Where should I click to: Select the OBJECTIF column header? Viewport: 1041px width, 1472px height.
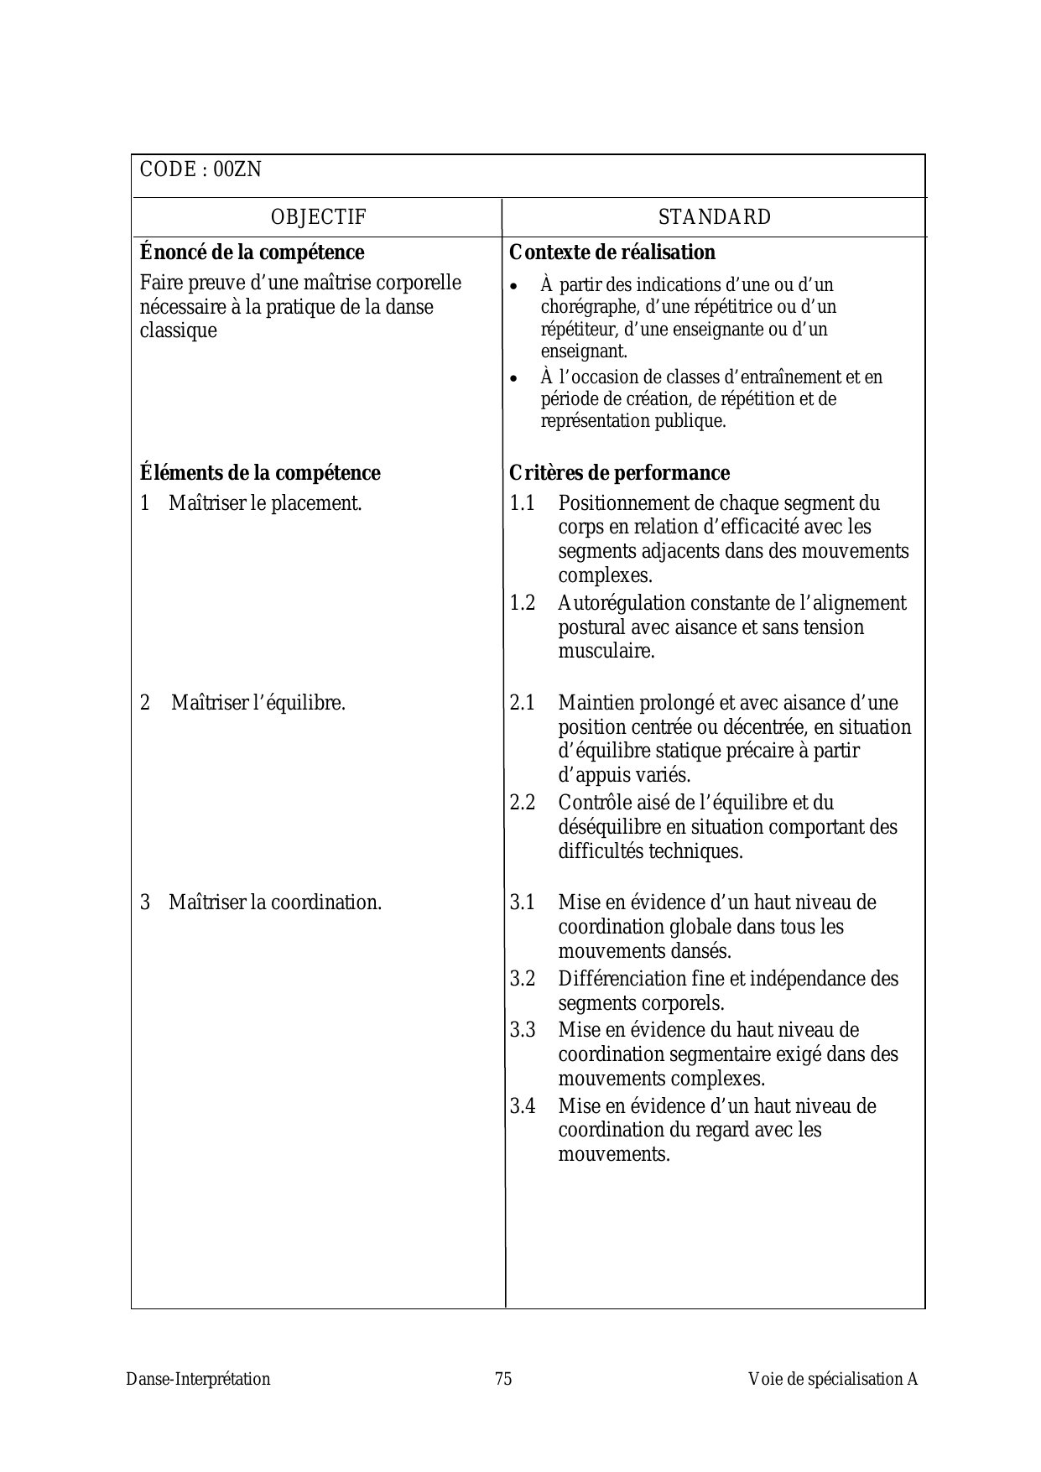(319, 217)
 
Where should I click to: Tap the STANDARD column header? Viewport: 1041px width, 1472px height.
(715, 217)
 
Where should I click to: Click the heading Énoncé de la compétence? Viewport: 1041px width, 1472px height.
(252, 252)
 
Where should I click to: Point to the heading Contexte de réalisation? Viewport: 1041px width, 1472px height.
(612, 252)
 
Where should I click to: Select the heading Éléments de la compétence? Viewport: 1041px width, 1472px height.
(260, 473)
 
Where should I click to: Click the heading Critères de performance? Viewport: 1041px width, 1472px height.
(619, 473)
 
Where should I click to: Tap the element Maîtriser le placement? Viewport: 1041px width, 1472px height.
(265, 503)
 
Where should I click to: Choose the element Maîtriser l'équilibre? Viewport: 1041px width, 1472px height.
(258, 703)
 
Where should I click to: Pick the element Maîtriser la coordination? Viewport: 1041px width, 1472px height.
(275, 902)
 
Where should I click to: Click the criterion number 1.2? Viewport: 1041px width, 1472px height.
(523, 603)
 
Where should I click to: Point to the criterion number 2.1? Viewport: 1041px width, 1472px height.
(523, 703)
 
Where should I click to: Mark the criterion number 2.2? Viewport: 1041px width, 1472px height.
(523, 803)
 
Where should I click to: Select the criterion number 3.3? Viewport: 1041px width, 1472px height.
(523, 1030)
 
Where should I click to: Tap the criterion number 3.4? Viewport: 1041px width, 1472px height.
(523, 1106)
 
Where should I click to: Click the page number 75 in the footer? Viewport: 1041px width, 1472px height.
(503, 1379)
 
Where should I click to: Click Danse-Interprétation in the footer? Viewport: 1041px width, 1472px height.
(199, 1379)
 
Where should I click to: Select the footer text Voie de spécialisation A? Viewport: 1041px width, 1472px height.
(833, 1379)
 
